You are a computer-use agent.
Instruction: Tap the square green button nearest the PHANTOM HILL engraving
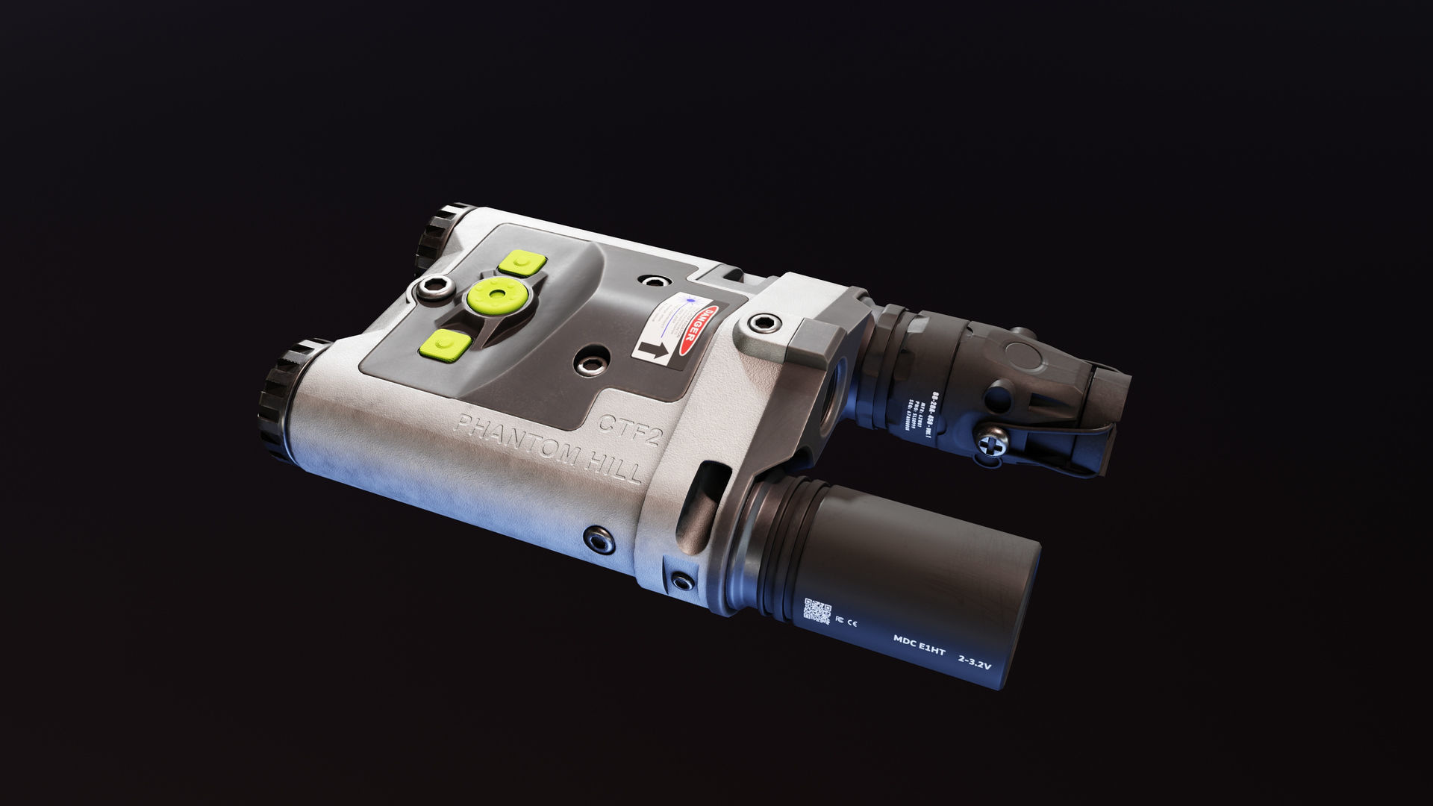point(445,345)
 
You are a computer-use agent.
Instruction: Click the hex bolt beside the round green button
point(435,287)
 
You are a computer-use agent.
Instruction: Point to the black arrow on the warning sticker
point(652,349)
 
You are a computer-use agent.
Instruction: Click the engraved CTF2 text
point(629,430)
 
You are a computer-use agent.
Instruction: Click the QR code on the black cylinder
point(817,610)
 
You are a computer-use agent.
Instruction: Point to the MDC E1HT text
point(919,646)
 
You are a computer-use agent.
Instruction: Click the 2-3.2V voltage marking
point(975,661)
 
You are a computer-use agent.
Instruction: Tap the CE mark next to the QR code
point(848,621)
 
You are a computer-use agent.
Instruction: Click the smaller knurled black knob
point(440,234)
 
